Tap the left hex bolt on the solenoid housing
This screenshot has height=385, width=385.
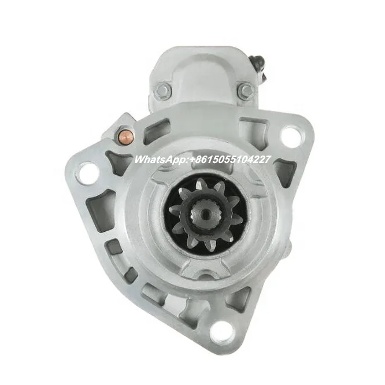(163, 90)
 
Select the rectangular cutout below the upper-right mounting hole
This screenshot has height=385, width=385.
(285, 172)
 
